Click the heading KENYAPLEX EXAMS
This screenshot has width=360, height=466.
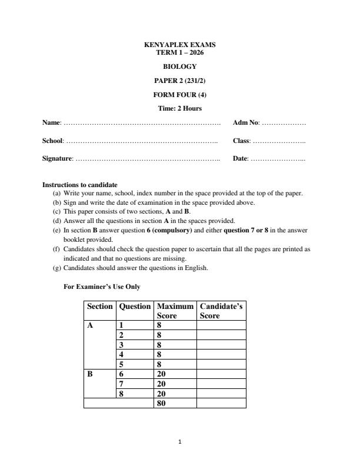[x=180, y=45]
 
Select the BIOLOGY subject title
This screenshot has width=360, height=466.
[x=180, y=66]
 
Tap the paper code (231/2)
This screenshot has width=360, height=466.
[x=194, y=81]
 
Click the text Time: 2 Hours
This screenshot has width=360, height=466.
[x=180, y=108]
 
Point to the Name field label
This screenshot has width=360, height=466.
[x=52, y=122]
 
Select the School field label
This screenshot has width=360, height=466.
[x=53, y=141]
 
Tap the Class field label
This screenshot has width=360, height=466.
[x=242, y=141]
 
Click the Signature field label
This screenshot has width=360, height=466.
[x=58, y=159]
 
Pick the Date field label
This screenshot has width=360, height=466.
[x=241, y=159]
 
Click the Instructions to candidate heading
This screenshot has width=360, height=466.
[x=79, y=185]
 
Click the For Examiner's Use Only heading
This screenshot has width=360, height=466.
[x=102, y=287]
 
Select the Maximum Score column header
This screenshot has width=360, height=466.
[x=175, y=311]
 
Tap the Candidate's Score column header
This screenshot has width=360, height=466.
[x=221, y=311]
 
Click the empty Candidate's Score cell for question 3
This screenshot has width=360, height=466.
[x=221, y=345]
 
